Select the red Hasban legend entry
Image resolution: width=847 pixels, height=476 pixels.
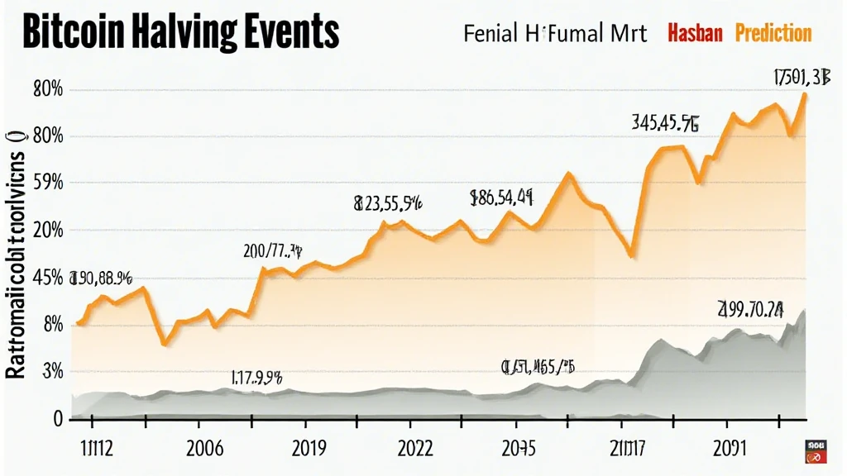[695, 33]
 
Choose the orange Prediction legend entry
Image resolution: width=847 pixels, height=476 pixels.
[773, 33]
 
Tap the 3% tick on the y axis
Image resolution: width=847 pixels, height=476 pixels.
[50, 371]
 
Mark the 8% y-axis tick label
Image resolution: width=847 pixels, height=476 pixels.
[50, 324]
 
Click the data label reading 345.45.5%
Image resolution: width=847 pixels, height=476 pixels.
[665, 124]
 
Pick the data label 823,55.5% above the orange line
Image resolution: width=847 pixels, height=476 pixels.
[387, 202]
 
